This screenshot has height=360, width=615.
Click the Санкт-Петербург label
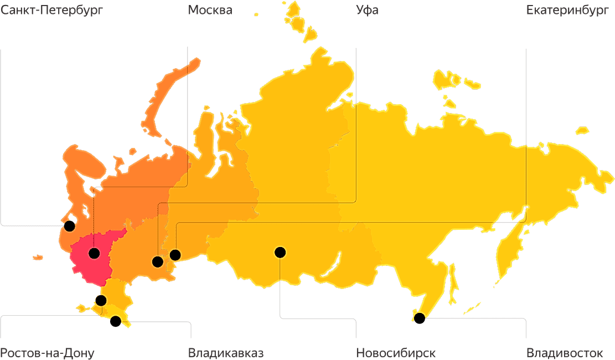[x=52, y=10]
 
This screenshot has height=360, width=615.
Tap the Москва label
[x=210, y=10]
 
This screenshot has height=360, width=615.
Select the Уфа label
[x=367, y=10]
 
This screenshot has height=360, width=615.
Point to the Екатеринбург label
[x=567, y=10]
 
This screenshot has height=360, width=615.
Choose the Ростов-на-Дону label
[x=47, y=353]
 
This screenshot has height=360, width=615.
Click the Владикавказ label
[x=226, y=353]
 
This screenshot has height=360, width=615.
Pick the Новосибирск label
[x=396, y=353]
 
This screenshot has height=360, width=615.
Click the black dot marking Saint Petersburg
[x=69, y=226]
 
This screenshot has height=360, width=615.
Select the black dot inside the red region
[x=94, y=254]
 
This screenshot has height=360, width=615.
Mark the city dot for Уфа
[x=158, y=261]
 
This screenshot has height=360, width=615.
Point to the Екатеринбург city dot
[x=175, y=255]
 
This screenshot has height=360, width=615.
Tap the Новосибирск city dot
[x=280, y=253]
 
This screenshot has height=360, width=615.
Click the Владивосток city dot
[x=420, y=318]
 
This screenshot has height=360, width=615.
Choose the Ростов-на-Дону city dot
[x=101, y=301]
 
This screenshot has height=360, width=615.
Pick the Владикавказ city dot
[x=116, y=321]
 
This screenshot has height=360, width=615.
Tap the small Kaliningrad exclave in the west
[x=38, y=258]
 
